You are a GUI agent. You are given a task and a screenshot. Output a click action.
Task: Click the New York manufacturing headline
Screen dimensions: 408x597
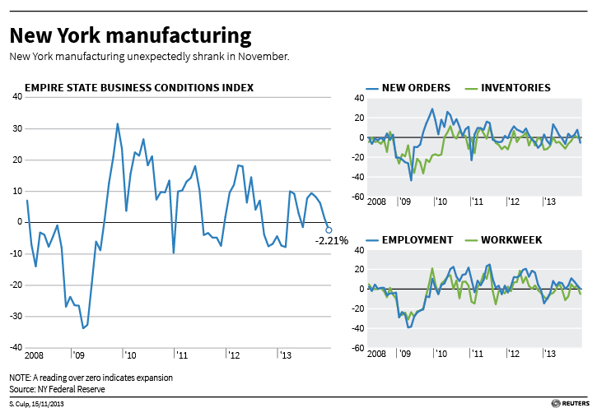coord(130,35)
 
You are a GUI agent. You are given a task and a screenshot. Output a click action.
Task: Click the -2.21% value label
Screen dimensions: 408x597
coord(332,241)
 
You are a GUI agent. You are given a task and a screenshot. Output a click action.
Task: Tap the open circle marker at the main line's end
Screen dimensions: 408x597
coord(329,229)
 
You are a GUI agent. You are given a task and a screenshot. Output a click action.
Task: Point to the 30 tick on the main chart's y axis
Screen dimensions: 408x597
coord(17,128)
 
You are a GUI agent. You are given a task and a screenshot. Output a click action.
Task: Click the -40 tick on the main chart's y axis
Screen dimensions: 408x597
coord(16,347)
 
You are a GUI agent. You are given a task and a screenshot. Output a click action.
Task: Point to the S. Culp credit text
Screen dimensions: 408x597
coord(37,402)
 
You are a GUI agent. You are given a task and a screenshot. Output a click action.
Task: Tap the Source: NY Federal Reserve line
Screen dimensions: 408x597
coord(58,388)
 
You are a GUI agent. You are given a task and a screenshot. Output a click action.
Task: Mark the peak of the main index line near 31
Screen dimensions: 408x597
coord(118,124)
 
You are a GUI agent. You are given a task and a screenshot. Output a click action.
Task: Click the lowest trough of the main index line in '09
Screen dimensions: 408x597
coord(83,328)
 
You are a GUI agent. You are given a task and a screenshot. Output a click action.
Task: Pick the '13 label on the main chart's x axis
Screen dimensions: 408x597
coord(287,355)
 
